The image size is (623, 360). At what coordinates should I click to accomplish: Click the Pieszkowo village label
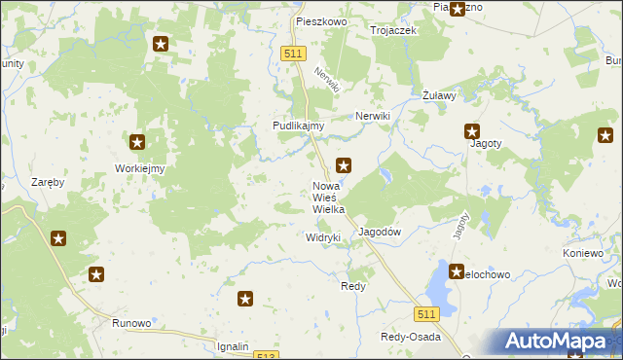321,20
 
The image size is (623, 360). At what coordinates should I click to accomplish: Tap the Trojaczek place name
393,30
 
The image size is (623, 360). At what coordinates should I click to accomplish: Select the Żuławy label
440,95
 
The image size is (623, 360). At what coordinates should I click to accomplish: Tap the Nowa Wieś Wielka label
328,198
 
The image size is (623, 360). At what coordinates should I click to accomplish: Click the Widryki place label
322,237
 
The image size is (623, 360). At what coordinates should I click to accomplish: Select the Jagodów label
381,232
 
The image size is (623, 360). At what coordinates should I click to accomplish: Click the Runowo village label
131,323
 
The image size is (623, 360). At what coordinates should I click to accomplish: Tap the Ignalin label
234,346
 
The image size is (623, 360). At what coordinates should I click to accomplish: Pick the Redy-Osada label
410,337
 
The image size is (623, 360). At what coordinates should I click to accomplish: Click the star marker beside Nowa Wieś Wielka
344,165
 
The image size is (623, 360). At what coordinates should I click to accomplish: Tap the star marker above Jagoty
472,131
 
